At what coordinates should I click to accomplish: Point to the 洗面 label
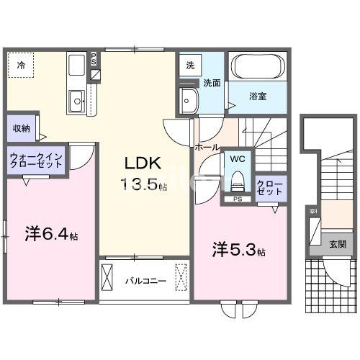point(211,82)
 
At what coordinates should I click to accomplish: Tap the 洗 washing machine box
point(190,65)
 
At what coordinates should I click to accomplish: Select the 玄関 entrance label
point(337,245)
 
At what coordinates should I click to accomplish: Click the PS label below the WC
point(237,199)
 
